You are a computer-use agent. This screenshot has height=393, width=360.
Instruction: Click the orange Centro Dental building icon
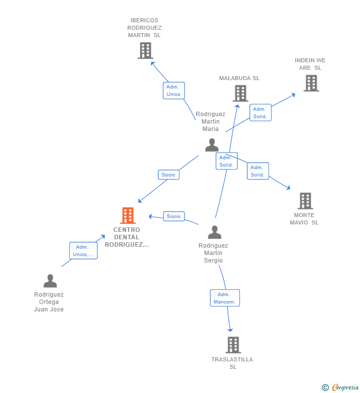(x=128, y=216)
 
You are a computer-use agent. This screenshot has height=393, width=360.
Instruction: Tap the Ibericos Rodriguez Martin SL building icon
(x=145, y=50)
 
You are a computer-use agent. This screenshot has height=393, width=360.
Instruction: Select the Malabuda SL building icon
(x=240, y=93)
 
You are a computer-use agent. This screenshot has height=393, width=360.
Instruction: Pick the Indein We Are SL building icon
(x=312, y=83)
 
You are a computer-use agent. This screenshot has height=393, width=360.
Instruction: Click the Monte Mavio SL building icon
(x=305, y=201)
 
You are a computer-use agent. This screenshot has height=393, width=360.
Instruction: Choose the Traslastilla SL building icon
(x=233, y=345)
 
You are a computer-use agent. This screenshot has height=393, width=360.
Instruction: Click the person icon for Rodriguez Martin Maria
(x=212, y=145)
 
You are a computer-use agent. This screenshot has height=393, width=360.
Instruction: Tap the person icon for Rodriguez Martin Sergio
(x=215, y=232)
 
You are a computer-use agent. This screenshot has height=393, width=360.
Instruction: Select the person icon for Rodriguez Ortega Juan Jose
(x=50, y=281)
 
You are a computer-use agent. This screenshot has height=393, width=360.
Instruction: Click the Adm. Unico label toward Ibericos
(x=174, y=90)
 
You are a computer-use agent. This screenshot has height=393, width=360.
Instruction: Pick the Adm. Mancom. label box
(x=225, y=298)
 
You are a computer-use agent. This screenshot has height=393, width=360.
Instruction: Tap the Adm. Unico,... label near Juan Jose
(x=83, y=251)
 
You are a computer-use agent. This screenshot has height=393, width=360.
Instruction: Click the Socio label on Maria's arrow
(x=169, y=175)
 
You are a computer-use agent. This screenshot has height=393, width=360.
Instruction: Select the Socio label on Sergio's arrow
(x=174, y=217)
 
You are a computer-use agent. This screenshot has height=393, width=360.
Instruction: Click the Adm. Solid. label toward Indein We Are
(x=260, y=113)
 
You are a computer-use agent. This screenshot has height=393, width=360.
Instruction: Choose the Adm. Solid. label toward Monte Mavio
(x=258, y=171)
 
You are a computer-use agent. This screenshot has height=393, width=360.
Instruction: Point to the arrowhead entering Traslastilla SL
(x=230, y=330)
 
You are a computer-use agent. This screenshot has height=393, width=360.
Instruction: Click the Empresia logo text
(x=345, y=387)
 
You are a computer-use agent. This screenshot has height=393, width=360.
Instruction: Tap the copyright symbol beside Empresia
(x=325, y=388)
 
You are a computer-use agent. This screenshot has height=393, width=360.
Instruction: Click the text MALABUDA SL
(x=239, y=78)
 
